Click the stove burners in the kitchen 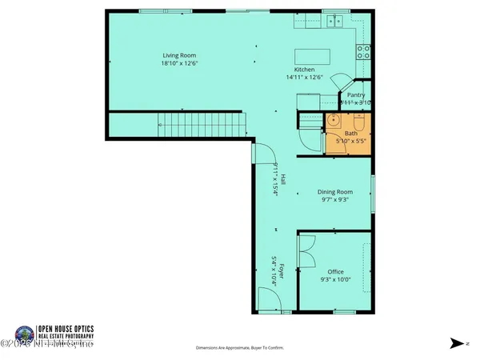[x=362, y=53]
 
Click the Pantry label [x=356, y=95]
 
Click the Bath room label [x=351, y=134]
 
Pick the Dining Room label [x=336, y=192]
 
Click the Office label [x=335, y=271]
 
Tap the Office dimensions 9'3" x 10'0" [x=335, y=280]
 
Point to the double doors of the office [x=306, y=255]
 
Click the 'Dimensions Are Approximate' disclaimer [x=239, y=348]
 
